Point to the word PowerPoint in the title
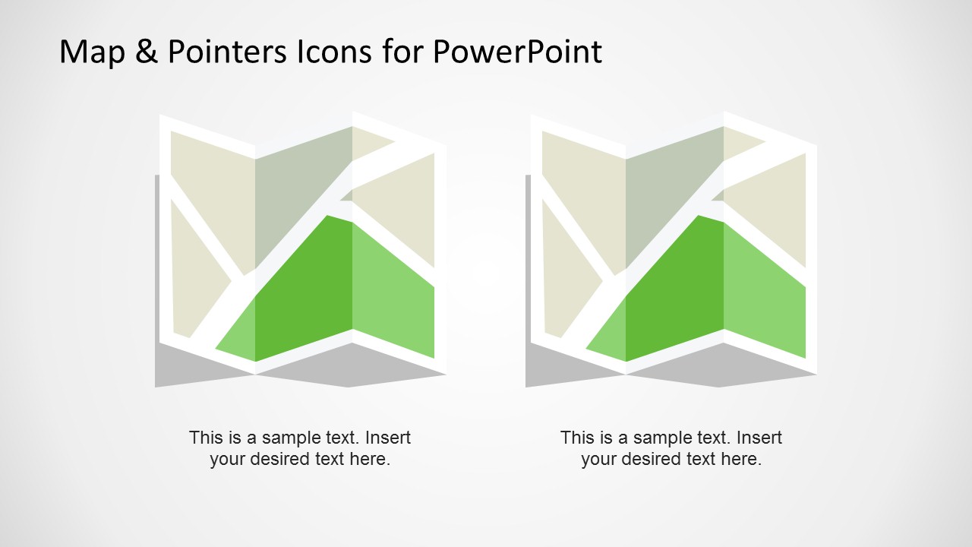(x=517, y=52)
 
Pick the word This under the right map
(x=576, y=438)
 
